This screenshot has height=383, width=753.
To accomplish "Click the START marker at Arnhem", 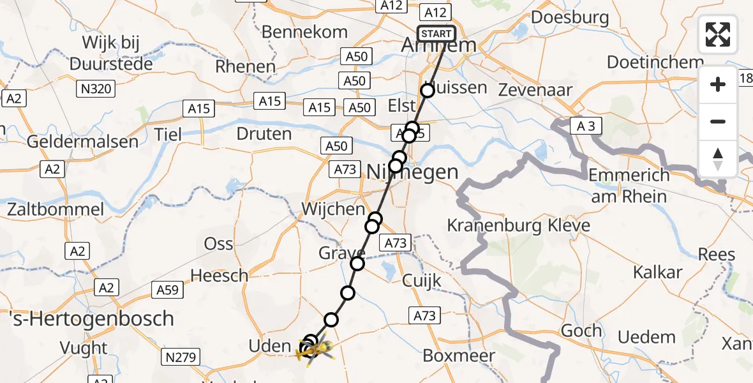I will point(436,34).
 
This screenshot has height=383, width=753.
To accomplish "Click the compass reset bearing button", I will point(718,159).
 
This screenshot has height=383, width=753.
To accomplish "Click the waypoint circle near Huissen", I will point(428,91).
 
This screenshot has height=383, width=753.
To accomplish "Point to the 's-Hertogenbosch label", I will point(87,319).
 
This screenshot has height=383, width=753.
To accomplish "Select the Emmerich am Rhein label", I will point(629,185).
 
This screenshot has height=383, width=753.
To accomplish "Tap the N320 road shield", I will point(96,89).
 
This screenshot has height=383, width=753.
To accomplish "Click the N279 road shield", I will point(182,357).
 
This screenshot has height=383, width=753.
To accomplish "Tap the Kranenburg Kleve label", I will point(518,225).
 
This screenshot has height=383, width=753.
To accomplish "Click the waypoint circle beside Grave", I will point(357,264).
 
